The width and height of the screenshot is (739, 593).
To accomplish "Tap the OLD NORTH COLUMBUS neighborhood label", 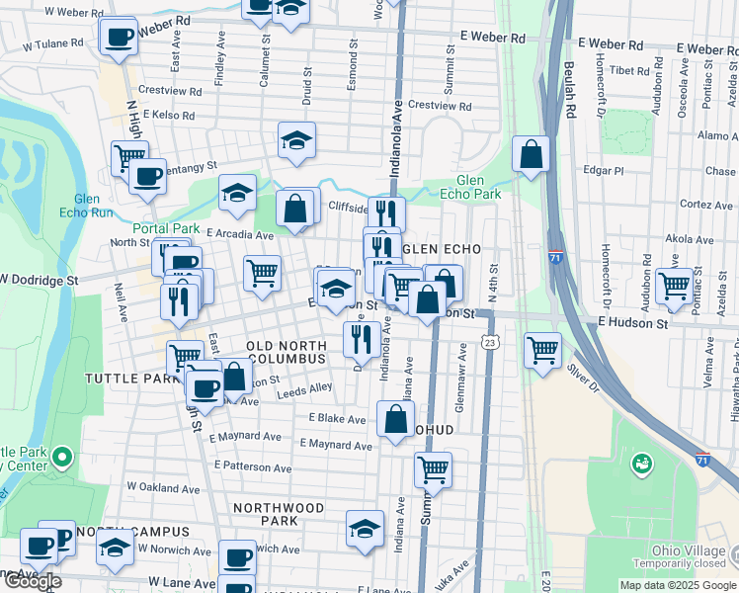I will tap(286, 350).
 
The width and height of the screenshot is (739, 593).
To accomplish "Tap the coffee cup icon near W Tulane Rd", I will tap(120, 37).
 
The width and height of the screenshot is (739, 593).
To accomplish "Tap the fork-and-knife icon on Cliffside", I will tap(386, 212).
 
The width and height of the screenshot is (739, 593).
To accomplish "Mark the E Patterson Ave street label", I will tap(252, 466).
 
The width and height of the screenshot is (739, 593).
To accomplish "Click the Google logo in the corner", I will tap(33, 581).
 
